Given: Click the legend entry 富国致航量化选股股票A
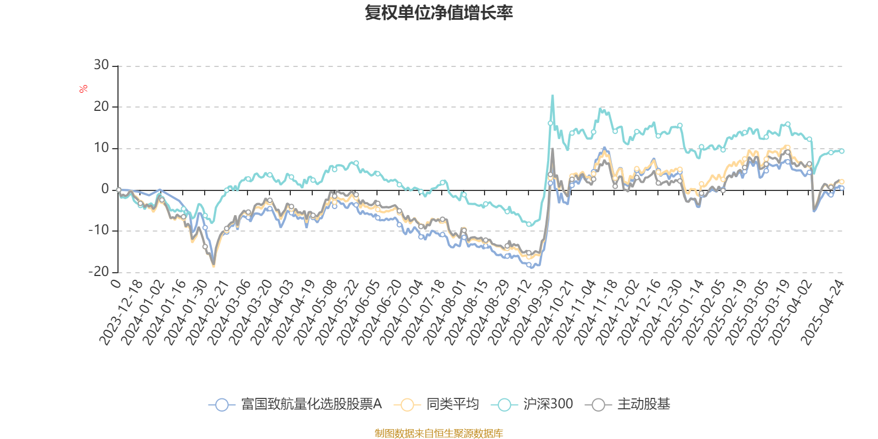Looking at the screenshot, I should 311,404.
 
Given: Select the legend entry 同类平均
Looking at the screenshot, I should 452,404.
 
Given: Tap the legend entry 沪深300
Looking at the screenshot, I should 548,404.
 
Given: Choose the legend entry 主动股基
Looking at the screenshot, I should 643,404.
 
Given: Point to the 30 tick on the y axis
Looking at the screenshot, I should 101,65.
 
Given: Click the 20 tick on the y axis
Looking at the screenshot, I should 101,106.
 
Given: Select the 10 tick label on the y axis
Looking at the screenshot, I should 101,148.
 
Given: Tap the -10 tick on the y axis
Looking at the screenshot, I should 99,230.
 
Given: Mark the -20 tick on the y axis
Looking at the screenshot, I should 99,272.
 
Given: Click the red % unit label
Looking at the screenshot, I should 83,89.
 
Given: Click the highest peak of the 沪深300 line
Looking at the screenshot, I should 552,96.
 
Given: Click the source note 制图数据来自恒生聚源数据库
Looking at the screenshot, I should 438,434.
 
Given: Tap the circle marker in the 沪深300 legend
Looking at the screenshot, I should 504,405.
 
